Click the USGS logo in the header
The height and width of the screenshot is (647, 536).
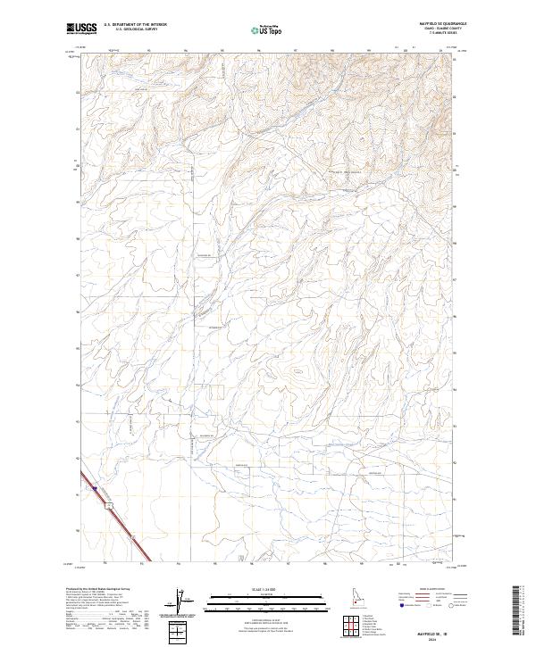[x=81, y=29]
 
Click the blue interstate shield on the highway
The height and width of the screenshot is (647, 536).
[x=95, y=489]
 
